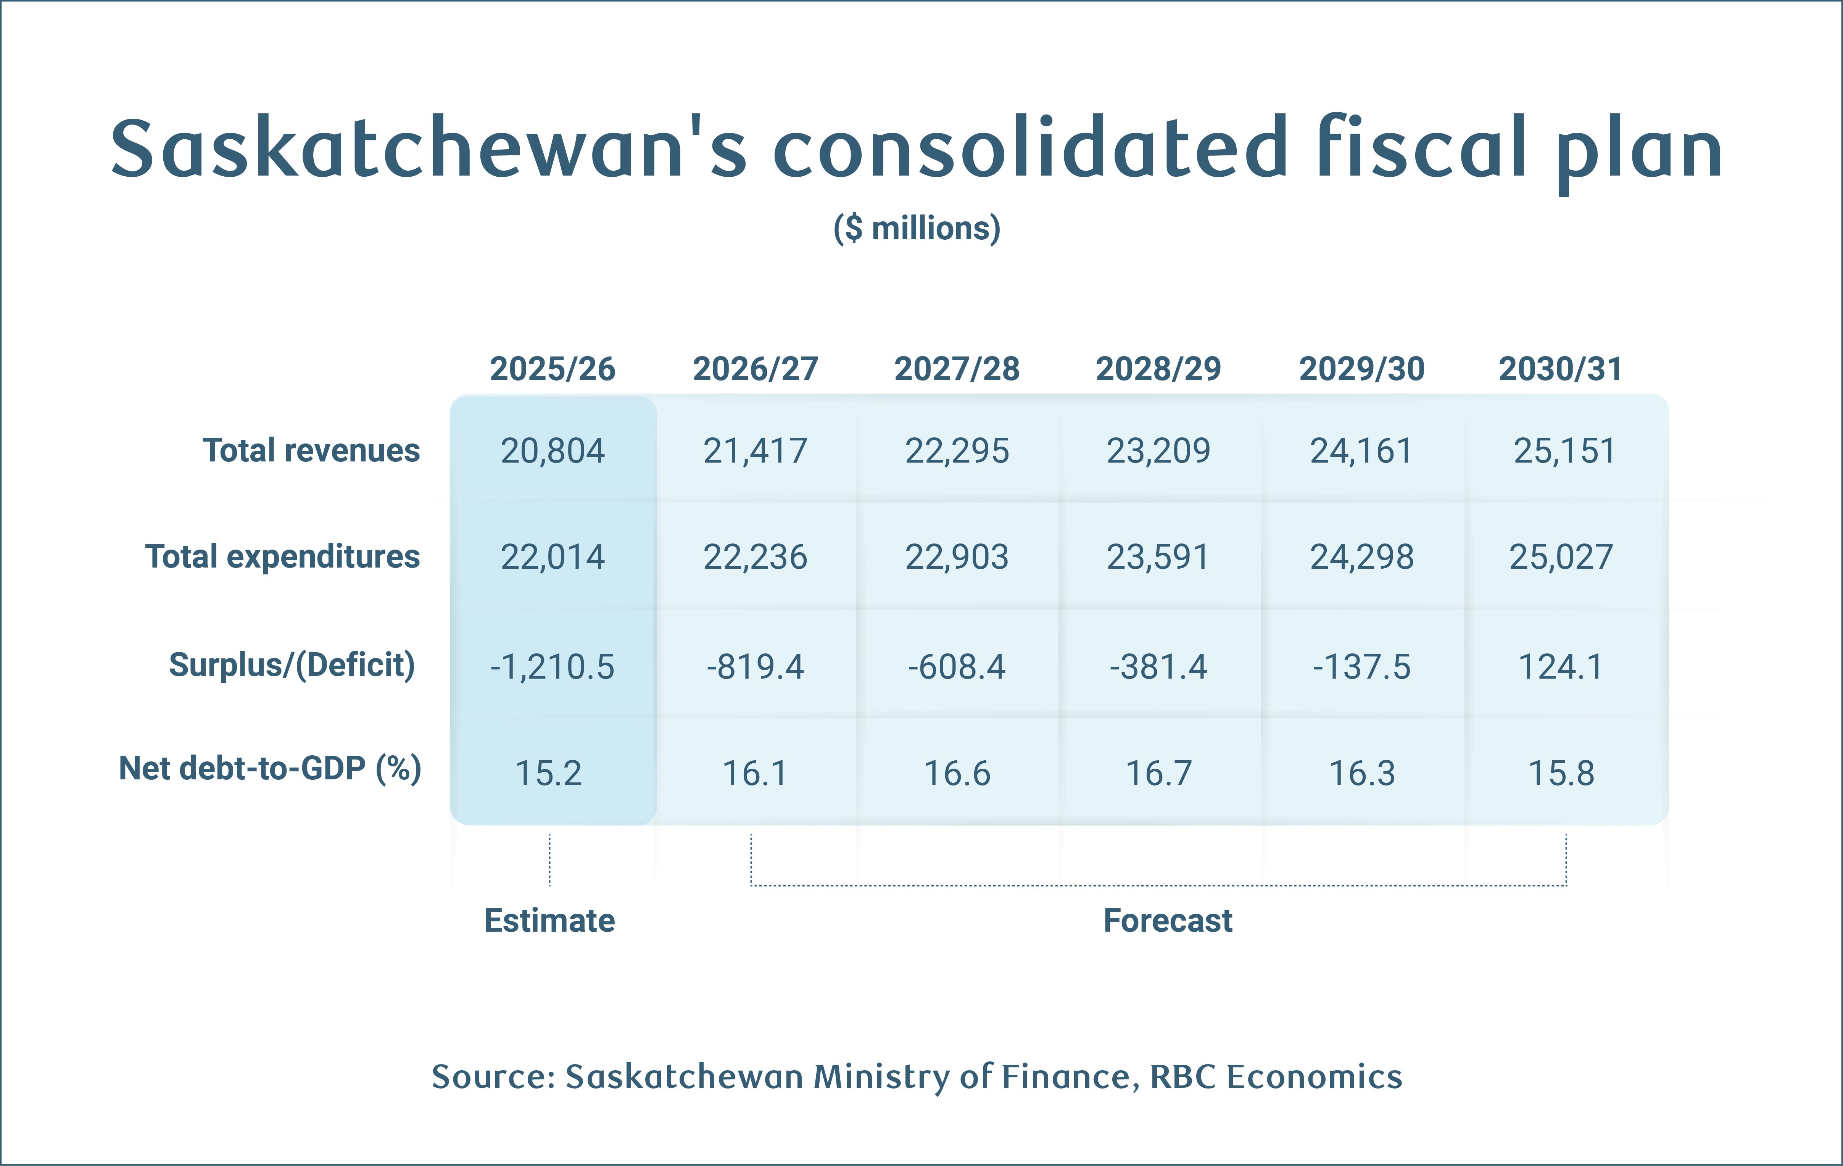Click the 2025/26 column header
553,369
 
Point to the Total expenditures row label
282,556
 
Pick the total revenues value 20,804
553,451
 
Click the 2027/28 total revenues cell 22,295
957,451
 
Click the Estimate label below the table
549,920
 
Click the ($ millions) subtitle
917,228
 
